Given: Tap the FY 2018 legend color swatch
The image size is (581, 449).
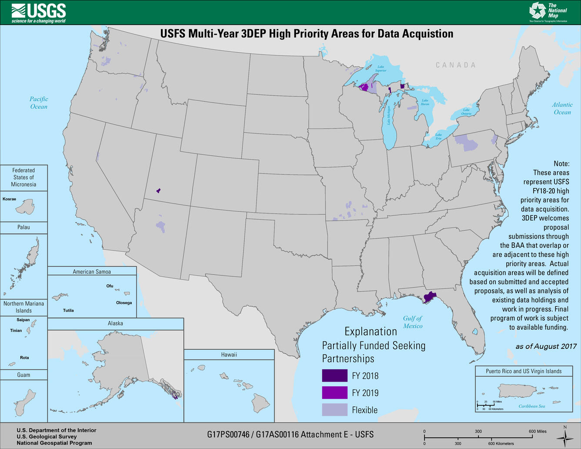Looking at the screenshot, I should pos(334,375).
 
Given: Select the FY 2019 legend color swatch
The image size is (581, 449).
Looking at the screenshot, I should pos(334,392).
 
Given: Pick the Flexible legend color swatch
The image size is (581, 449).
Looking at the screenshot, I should pos(334,409).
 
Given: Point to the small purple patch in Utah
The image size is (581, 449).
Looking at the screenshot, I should pos(159,191).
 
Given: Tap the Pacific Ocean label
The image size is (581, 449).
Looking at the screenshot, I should pos(39,103).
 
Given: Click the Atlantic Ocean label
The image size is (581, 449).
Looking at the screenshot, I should pos(562,108).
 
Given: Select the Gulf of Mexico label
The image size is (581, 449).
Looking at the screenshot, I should pos(412,322).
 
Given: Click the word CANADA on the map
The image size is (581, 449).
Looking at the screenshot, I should pos(456,65).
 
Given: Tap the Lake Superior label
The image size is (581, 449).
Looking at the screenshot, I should pos(381,69).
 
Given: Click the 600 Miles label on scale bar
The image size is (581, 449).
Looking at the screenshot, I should pos(538,431).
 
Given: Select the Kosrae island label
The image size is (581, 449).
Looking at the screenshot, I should pos(9,199).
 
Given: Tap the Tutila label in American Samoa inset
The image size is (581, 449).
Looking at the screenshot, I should pos(68,311).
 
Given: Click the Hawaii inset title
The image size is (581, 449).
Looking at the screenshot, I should pos(229,355).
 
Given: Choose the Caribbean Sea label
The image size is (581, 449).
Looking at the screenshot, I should pos(531,406).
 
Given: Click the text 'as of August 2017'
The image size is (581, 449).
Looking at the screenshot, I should pos(546,346).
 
